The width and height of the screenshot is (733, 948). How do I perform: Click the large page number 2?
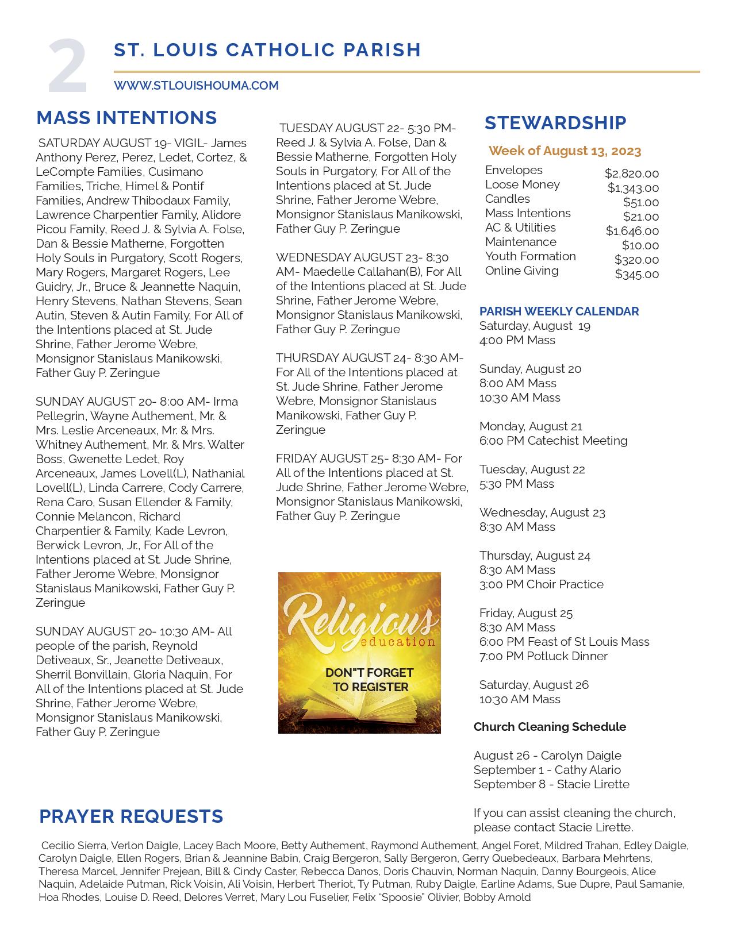click(68, 67)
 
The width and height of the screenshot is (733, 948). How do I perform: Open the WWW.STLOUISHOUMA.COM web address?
click(196, 86)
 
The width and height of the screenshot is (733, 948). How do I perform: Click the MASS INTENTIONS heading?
click(126, 118)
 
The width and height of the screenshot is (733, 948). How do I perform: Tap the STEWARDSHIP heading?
click(555, 122)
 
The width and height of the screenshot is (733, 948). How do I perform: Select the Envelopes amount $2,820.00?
click(631, 174)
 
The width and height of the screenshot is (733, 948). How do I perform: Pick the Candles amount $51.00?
click(640, 202)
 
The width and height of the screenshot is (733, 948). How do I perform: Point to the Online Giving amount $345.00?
click(636, 274)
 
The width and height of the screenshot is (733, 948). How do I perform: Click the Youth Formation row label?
click(530, 256)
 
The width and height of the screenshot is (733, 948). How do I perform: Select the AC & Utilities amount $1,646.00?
click(632, 231)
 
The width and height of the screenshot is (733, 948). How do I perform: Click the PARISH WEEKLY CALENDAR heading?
click(559, 311)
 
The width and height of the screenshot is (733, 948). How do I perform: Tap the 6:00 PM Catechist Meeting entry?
click(553, 441)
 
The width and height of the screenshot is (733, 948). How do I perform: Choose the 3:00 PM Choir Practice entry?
click(541, 584)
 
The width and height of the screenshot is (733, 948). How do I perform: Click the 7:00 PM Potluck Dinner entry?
click(543, 656)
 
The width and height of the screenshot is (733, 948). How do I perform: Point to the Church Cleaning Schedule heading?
click(550, 727)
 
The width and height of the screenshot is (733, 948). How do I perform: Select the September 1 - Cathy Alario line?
click(547, 770)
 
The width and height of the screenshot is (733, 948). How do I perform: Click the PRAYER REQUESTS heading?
click(131, 816)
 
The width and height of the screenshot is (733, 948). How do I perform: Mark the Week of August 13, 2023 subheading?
click(565, 151)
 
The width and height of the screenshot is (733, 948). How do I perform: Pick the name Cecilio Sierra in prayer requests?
click(74, 846)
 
